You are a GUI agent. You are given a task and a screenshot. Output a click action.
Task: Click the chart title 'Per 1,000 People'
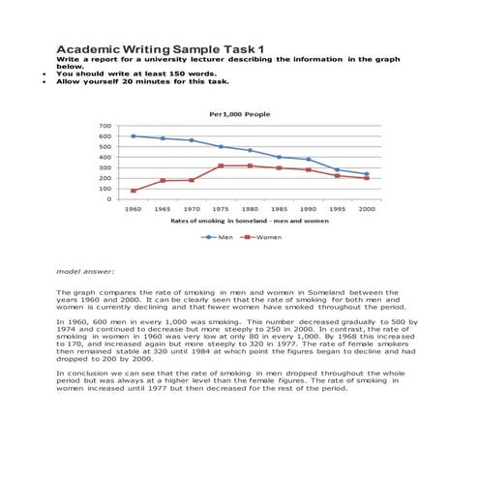(x=239, y=114)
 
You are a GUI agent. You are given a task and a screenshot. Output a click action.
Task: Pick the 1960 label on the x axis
(x=134, y=209)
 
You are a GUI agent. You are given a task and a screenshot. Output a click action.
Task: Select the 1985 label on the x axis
(x=279, y=209)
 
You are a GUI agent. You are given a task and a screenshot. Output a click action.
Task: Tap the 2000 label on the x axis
(x=366, y=209)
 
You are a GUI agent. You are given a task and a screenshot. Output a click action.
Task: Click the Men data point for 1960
(x=134, y=136)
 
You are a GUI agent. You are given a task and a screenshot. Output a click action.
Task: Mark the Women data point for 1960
(x=134, y=191)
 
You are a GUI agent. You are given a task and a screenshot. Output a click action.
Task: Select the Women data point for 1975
(x=221, y=165)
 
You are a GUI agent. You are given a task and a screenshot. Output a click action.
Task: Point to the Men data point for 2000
(x=366, y=174)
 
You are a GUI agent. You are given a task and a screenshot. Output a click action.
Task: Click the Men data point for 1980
(x=250, y=151)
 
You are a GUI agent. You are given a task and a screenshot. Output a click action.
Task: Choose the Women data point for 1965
(x=163, y=181)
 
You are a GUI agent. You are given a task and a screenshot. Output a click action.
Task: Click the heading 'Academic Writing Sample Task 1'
(x=160, y=48)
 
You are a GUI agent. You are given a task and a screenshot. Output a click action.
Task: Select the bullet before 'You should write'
(x=45, y=74)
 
